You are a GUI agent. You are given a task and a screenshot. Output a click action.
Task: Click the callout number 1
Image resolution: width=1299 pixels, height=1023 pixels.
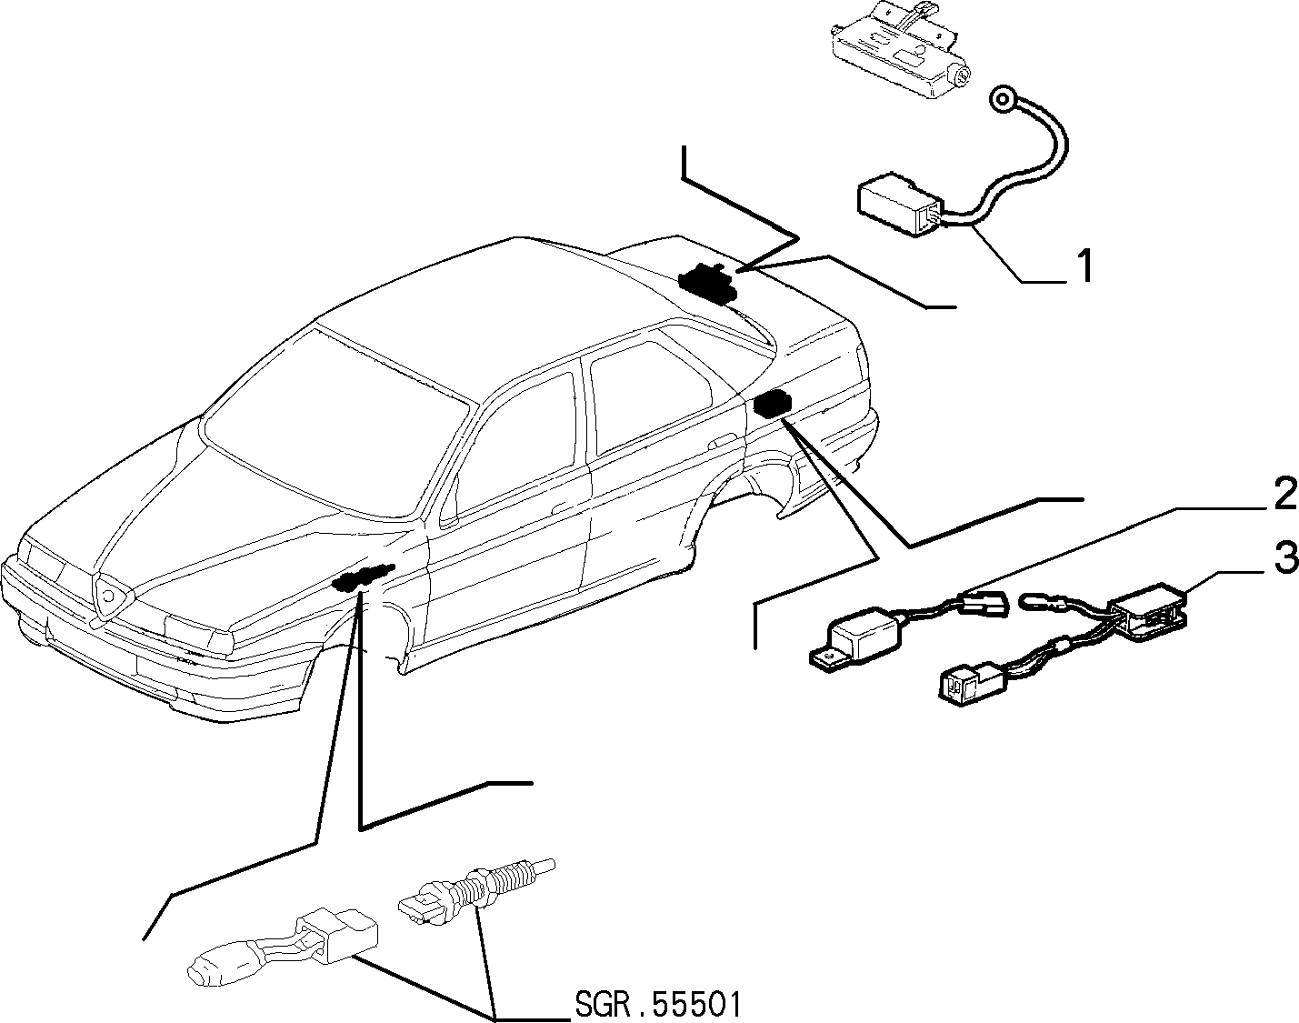(1085, 266)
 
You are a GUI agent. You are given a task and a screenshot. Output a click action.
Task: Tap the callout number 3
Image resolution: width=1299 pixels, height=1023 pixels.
(1284, 558)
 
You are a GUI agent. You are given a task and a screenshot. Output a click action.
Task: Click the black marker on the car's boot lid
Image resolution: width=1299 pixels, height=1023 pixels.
(707, 280)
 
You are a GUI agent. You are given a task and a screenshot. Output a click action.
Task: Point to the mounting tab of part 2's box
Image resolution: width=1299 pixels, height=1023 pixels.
(827, 657)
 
